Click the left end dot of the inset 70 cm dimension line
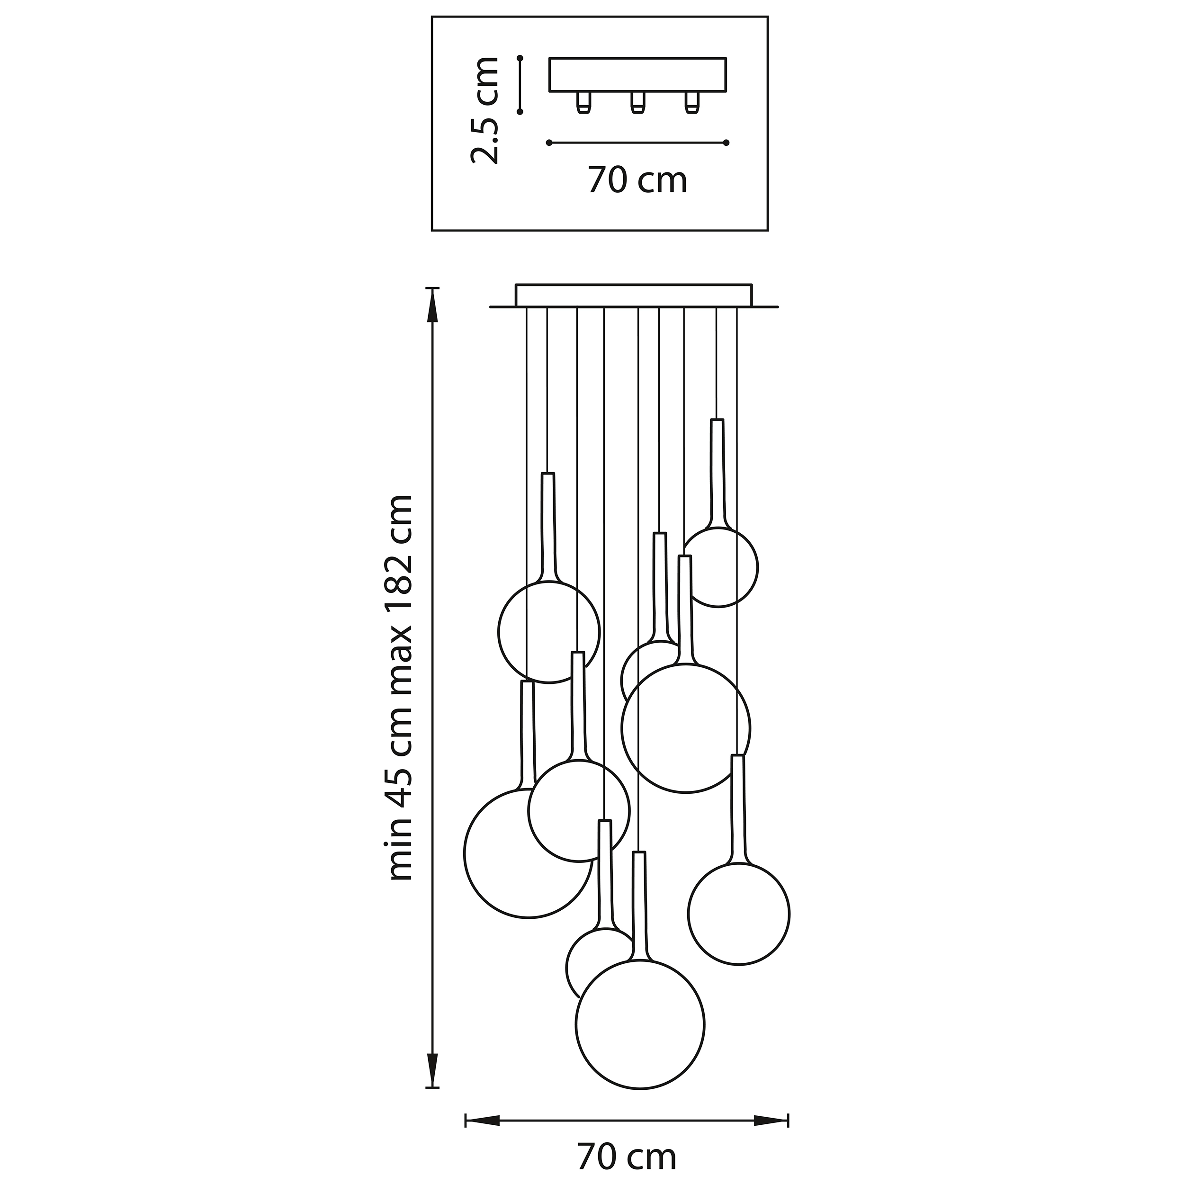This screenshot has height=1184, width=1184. [548, 143]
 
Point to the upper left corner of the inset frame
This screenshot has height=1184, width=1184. [432, 17]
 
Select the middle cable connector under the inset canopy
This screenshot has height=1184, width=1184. [638, 102]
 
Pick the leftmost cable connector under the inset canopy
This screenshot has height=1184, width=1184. [583, 102]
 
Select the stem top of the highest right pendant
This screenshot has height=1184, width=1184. [717, 421]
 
